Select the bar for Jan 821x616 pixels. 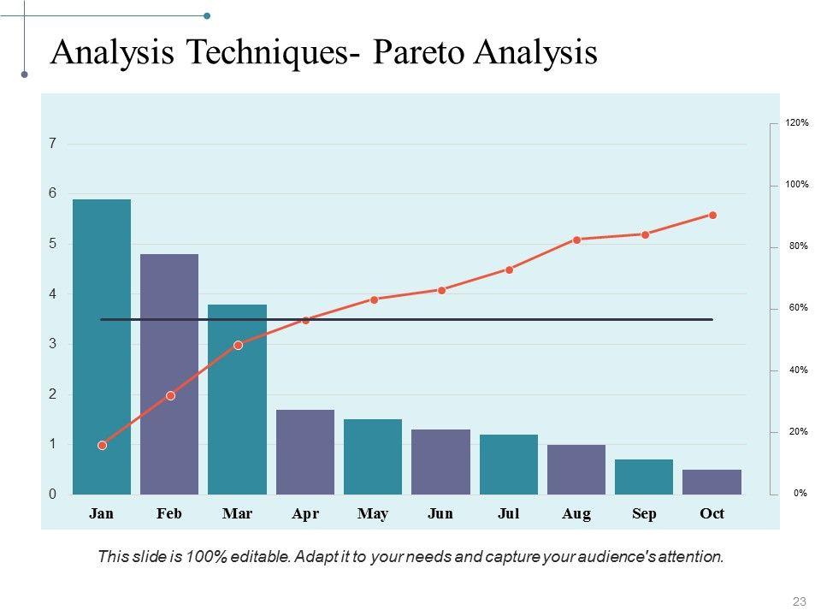point(102,346)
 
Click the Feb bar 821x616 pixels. point(169,374)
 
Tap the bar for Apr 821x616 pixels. point(305,452)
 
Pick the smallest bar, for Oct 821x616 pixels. point(712,482)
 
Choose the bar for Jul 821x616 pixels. point(509,465)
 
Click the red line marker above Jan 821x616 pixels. point(103,445)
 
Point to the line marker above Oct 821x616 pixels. point(712,215)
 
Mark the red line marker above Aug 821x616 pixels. point(577,240)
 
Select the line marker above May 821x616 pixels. point(374,299)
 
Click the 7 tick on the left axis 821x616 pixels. point(52,144)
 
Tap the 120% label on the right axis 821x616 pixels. point(797,123)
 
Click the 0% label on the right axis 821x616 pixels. point(800,494)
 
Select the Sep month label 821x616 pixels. point(644,513)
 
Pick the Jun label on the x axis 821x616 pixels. point(440,513)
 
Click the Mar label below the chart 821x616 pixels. point(237,513)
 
